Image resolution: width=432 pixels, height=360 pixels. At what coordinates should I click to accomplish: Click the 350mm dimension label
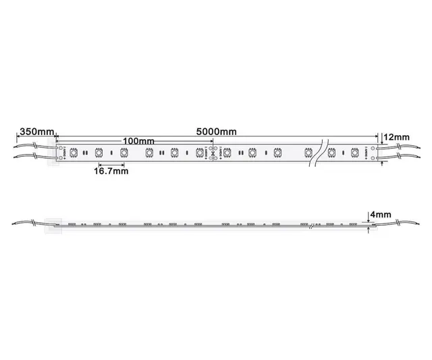(36, 130)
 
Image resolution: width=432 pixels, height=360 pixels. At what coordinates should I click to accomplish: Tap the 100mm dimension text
(138, 140)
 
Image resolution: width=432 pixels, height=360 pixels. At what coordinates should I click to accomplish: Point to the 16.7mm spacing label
(110, 172)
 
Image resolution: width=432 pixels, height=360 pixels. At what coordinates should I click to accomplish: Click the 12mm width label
(396, 138)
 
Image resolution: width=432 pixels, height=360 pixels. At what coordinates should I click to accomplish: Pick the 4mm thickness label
(380, 215)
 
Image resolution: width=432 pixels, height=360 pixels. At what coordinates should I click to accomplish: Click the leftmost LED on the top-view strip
(74, 153)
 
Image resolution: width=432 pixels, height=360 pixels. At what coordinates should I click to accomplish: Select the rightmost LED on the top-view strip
(354, 153)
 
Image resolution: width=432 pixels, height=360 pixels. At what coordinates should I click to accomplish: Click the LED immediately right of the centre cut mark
(227, 153)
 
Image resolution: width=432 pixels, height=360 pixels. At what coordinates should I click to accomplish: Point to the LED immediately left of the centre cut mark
(200, 153)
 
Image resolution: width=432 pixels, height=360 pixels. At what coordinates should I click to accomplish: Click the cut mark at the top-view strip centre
(214, 153)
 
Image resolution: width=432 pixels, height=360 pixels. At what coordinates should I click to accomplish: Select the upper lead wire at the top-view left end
(34, 146)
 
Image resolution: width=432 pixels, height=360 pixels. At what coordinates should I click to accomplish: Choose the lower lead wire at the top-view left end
(34, 157)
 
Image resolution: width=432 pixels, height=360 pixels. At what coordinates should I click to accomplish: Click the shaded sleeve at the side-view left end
(53, 225)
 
